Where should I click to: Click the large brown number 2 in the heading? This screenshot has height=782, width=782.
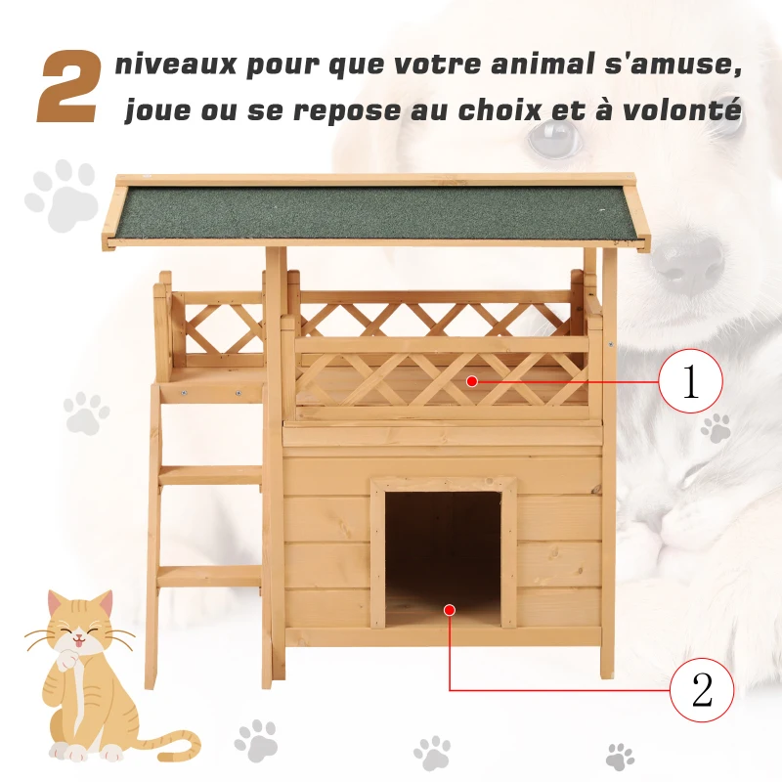(68, 89)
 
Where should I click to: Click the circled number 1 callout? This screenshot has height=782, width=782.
(690, 381)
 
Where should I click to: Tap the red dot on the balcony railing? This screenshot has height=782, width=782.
(471, 381)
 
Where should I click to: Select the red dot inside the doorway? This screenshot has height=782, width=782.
(449, 609)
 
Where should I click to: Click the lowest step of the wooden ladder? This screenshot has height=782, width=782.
(209, 577)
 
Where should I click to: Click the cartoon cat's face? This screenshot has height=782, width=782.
(82, 635)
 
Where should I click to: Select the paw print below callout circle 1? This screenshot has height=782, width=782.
(717, 427)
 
